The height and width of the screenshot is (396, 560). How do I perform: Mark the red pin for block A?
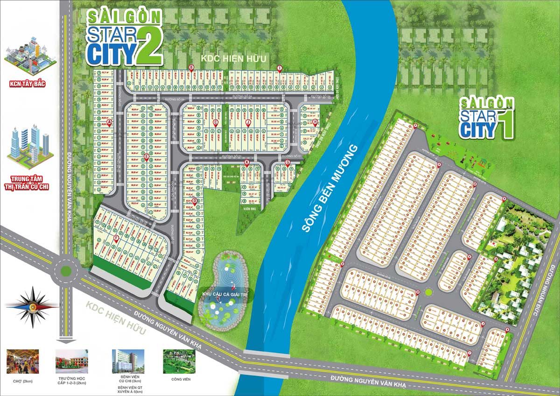click(x=110, y=123)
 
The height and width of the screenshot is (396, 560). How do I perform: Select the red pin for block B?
click(x=191, y=68)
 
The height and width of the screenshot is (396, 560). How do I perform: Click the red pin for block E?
click(x=147, y=157)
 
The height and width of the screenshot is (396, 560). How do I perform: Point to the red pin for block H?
click(x=315, y=122)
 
